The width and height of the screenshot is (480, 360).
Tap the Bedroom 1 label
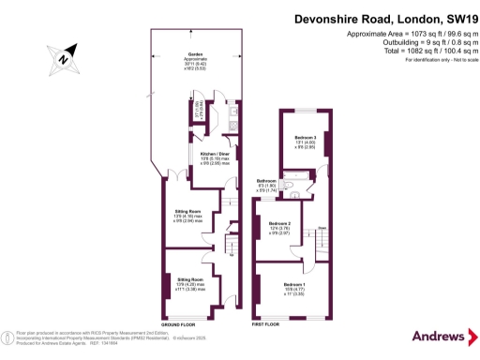point(293,286)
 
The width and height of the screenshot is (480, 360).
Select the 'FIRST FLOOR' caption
point(267,323)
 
